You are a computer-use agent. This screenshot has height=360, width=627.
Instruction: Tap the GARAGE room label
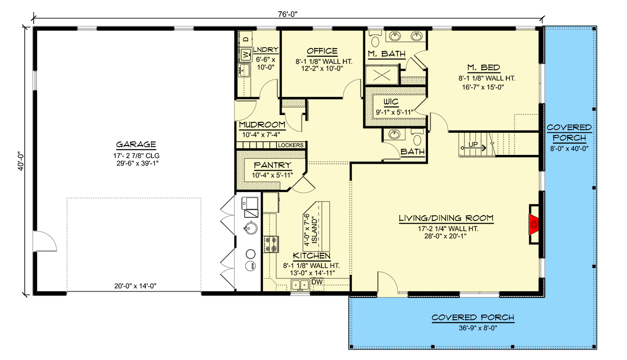pos(136,144)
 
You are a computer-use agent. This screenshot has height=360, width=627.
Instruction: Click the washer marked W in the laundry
pos(246,55)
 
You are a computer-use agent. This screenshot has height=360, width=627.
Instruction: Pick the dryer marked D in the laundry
pos(246,40)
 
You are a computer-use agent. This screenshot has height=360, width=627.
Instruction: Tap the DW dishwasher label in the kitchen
pos(318,282)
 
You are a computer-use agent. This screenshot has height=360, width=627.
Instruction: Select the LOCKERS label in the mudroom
pos(291,145)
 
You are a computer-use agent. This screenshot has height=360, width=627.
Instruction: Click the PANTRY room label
pos(272,165)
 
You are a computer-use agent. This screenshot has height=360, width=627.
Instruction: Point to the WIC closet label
pos(390,102)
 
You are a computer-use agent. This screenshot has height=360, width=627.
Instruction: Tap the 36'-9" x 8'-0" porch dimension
pos(473,327)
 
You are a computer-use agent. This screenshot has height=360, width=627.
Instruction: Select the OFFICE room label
pos(322,51)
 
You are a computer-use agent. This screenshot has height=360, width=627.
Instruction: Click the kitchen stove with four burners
pos(272,243)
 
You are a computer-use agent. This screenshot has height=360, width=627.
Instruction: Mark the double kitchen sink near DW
pos(299,284)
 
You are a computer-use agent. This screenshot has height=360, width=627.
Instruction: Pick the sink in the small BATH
pos(395,134)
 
